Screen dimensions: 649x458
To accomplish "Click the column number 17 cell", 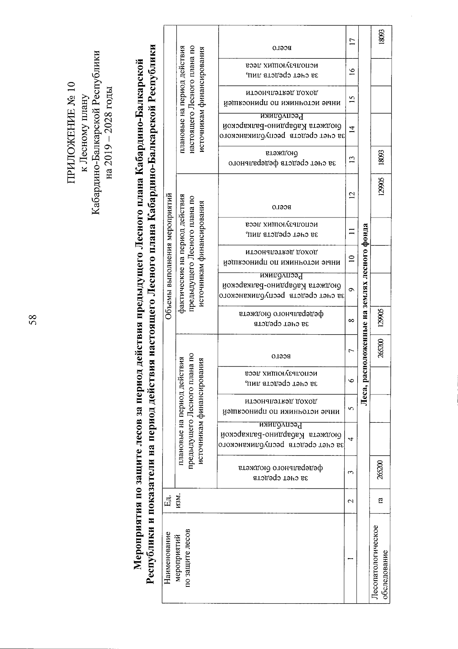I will click(352, 41).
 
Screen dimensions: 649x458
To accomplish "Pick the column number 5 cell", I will click(352, 409).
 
